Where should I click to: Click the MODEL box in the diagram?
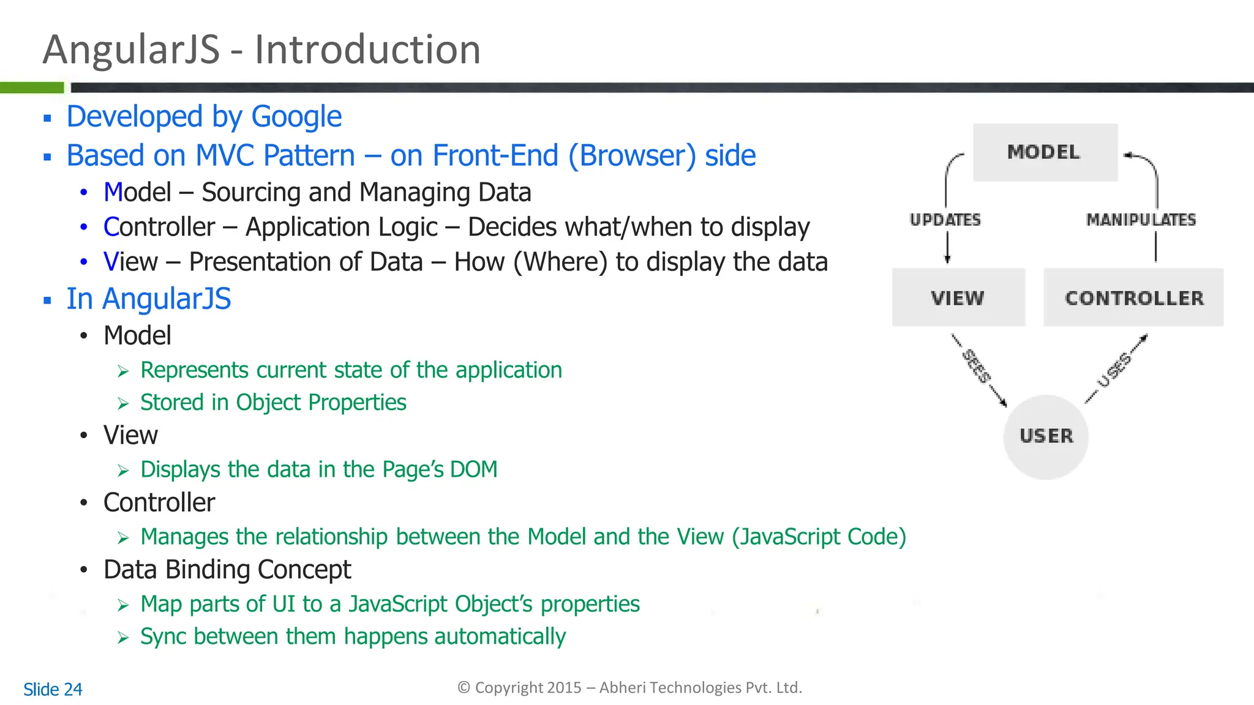point(1045,152)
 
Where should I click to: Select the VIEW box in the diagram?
point(958,297)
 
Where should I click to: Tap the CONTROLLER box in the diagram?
point(1133,297)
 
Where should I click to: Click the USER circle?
point(1046,436)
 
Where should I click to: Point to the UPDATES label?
point(945,220)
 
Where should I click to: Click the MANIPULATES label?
point(1141,220)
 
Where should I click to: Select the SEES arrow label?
point(976,366)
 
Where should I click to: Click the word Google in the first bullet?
point(296,117)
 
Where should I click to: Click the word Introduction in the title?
point(367,50)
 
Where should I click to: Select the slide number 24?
point(73,690)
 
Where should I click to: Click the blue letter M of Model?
point(114,193)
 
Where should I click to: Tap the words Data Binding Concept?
point(227,570)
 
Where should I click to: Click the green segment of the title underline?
point(32,88)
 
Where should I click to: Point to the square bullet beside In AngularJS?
point(47,300)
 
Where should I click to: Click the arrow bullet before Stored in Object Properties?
point(123,404)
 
